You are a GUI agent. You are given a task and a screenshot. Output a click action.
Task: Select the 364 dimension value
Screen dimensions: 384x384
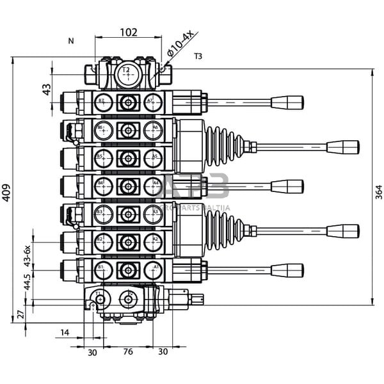378,191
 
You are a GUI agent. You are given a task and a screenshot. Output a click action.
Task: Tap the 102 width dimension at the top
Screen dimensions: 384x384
129,31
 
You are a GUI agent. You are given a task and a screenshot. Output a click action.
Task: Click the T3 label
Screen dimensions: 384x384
198,57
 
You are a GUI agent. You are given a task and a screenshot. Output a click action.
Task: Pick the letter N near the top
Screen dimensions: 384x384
71,41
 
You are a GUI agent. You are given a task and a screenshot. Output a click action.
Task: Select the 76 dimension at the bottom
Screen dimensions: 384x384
128,352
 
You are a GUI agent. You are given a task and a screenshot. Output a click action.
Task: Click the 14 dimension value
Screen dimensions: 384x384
65,332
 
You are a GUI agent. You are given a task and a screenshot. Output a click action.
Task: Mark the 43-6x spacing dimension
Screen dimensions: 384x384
27,255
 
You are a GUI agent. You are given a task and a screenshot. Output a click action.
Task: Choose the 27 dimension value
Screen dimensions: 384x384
19,314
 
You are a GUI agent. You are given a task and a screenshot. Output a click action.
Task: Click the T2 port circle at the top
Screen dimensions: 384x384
129,75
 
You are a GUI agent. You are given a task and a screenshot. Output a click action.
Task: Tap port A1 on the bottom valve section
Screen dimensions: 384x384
154,269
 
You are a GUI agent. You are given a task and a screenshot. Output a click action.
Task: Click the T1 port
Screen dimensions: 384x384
100,297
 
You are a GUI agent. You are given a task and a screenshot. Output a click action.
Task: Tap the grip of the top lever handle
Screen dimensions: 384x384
287,102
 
